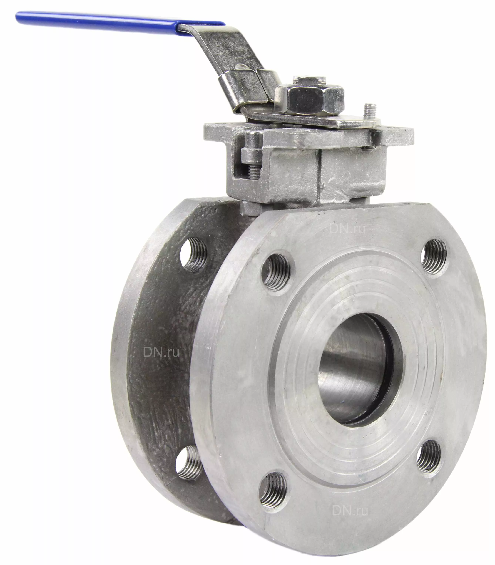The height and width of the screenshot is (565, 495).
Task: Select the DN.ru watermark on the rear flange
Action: pyautogui.click(x=161, y=352)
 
